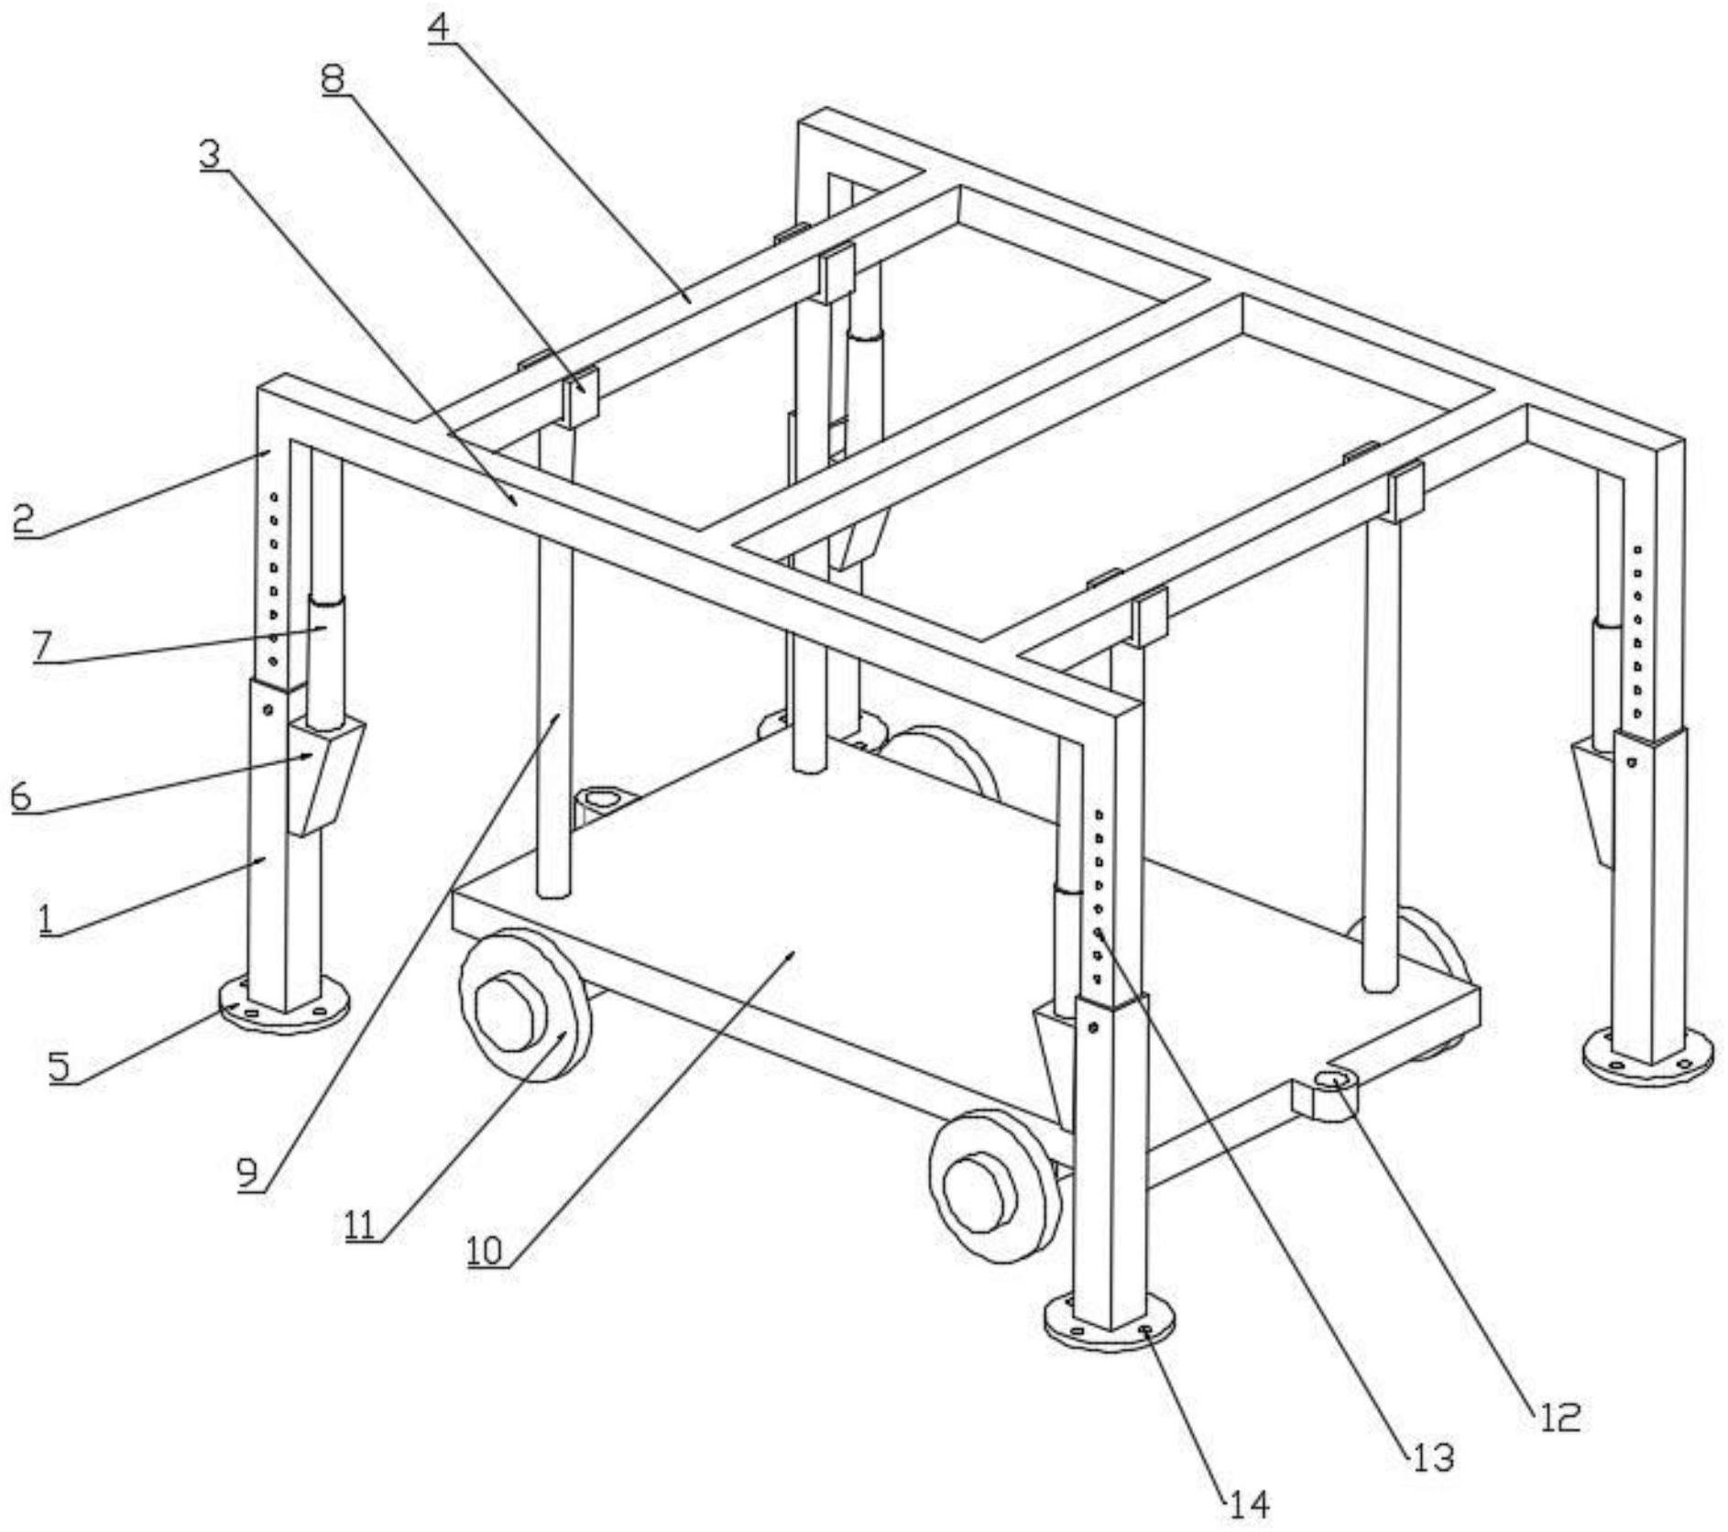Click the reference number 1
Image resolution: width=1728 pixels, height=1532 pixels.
click(46, 918)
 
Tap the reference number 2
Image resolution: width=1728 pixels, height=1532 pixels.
click(24, 520)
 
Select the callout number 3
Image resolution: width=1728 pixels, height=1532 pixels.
click(211, 154)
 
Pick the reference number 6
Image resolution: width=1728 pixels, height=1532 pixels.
click(20, 796)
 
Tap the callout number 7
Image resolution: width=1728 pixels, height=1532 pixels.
click(41, 646)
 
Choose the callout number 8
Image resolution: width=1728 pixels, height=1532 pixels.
click(333, 78)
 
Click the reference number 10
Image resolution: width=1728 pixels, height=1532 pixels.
click(487, 1250)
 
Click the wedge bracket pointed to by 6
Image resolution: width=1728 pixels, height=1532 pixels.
click(325, 772)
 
